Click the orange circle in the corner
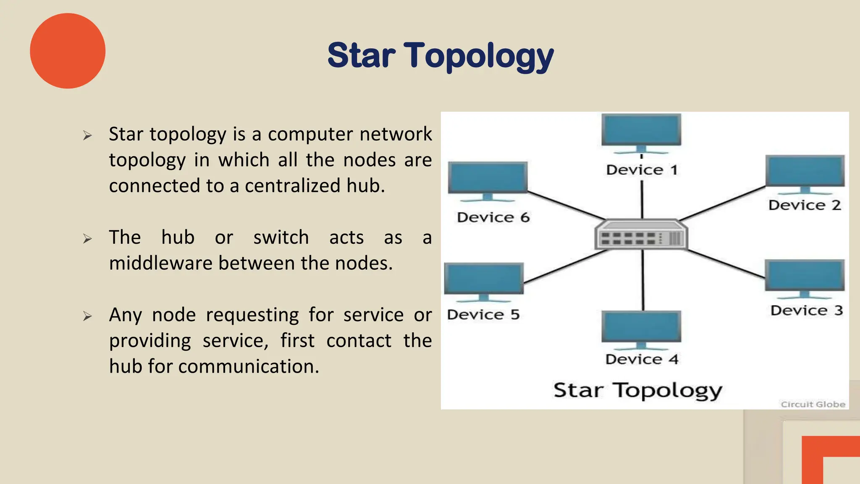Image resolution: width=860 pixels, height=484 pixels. coord(68,51)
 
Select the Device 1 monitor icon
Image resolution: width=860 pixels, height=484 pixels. coord(641,131)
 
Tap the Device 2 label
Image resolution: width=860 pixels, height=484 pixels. coord(804,205)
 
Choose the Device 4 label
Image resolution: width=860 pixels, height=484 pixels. coord(642,359)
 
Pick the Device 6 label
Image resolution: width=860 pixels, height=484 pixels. coord(493,217)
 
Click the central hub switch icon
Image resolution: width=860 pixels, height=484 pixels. coord(641,235)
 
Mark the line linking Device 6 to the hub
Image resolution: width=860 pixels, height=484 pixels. coord(565,206)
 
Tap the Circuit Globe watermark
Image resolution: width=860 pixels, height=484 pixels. coord(813,404)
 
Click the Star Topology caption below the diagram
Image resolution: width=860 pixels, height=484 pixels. coord(637,390)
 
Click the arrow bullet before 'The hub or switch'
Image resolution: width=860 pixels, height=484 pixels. coord(87,239)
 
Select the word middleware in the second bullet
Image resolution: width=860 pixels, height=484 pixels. coord(161,263)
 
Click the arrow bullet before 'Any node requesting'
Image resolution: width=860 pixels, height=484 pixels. coord(87,316)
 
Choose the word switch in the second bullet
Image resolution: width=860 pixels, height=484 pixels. coord(281,237)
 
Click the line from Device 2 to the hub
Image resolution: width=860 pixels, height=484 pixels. coord(722,204)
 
